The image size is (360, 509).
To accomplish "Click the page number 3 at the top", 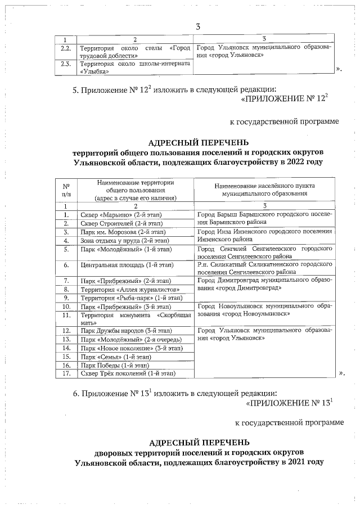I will tap(198, 27).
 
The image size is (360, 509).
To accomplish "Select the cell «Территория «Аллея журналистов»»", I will tap(121, 289).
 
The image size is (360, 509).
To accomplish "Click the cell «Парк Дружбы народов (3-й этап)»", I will tap(123, 331).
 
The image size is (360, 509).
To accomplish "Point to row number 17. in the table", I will tap(66, 373).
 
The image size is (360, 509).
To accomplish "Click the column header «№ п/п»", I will tap(66, 190).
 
